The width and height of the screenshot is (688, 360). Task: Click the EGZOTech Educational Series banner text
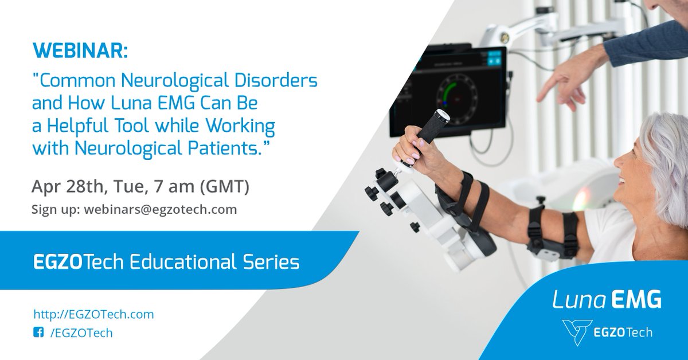point(166,263)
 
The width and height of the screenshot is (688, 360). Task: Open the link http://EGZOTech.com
point(93,314)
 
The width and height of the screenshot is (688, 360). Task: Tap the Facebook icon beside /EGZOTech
point(38,332)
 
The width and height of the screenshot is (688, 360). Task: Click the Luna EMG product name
point(607,299)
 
